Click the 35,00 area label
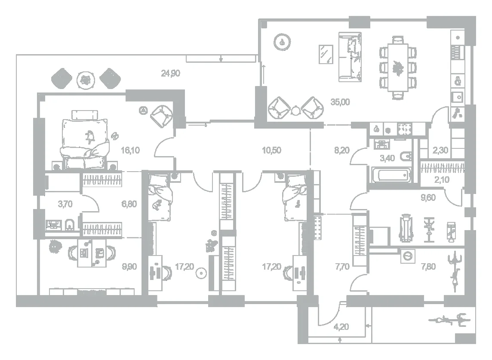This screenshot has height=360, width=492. (x=340, y=102)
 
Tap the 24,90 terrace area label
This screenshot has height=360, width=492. (x=170, y=74)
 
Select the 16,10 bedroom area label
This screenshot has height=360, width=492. (x=130, y=151)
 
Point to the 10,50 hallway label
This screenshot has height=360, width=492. (x=271, y=151)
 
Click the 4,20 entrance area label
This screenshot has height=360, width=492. (x=341, y=327)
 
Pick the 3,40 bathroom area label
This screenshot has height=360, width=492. (x=387, y=158)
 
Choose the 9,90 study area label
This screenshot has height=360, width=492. (x=129, y=267)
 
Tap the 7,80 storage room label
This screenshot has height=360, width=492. (x=428, y=267)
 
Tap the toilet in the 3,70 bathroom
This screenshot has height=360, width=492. (x=70, y=225)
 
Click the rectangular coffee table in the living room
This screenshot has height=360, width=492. (x=326, y=54)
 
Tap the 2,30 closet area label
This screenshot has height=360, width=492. (x=440, y=151)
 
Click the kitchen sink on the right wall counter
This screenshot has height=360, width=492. (x=458, y=97)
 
